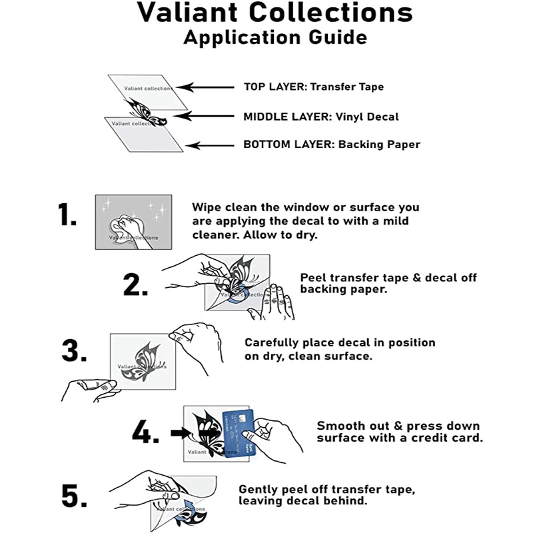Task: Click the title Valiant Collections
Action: pyautogui.click(x=274, y=13)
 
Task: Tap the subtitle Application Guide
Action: pyautogui.click(x=274, y=37)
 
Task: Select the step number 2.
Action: pyautogui.click(x=135, y=284)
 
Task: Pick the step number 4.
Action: pyautogui.click(x=145, y=433)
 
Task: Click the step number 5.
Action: pyautogui.click(x=75, y=496)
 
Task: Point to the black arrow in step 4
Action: pyautogui.click(x=185, y=432)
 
